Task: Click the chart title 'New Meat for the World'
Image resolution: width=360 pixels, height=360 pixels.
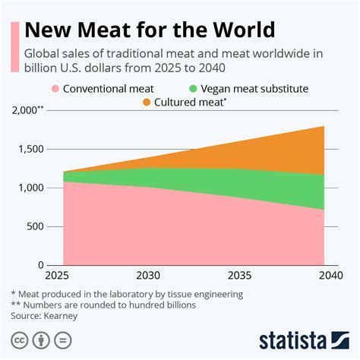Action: point(149,30)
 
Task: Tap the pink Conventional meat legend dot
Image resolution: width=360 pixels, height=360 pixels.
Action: point(55,89)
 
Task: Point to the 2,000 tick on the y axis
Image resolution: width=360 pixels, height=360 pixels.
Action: point(30,110)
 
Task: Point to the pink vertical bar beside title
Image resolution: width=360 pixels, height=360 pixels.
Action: point(14,46)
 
